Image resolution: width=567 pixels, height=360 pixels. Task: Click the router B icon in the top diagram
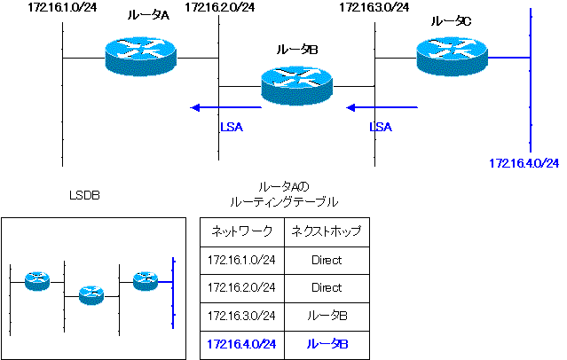[x=298, y=85]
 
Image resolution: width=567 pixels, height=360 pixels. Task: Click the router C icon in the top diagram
[x=453, y=56]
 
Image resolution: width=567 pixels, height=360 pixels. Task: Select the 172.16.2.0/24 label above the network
[x=220, y=8]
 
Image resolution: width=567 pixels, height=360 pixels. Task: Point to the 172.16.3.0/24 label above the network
[x=374, y=8]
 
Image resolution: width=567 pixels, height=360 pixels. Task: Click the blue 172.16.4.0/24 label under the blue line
[x=524, y=163]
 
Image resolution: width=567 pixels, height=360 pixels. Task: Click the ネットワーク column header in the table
[x=240, y=232]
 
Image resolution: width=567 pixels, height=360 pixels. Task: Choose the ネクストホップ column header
[x=326, y=232]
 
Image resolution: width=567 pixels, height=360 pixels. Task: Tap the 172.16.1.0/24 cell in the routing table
[x=240, y=261]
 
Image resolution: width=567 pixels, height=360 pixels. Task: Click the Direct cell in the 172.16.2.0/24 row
[x=326, y=288]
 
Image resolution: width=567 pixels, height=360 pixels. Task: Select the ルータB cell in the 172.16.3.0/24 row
[x=326, y=316]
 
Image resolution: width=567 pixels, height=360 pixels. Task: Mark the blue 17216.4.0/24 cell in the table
[x=240, y=343]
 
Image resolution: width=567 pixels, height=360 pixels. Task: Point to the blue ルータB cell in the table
[x=326, y=343]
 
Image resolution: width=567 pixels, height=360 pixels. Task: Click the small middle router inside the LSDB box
[x=91, y=294]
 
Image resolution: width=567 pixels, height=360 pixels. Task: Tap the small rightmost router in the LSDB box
[x=145, y=281]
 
